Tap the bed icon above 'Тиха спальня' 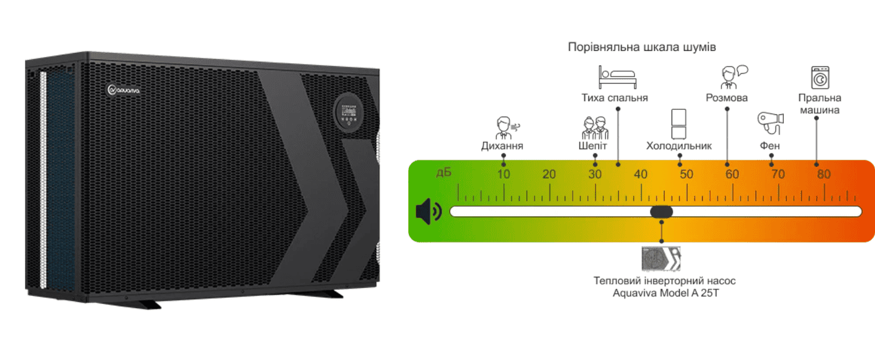tap(617, 77)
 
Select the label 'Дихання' tap(502, 146)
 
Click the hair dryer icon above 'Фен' tap(770, 123)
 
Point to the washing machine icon tap(820, 78)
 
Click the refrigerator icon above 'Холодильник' tap(679, 124)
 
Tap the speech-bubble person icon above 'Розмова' tap(732, 77)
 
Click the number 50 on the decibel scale tap(686, 175)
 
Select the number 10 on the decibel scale tap(504, 175)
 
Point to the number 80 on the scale tap(823, 175)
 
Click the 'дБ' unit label tap(444, 173)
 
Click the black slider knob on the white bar tap(661, 211)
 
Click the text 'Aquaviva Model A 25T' tap(664, 293)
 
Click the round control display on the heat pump tap(348, 114)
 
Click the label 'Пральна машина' tap(820, 104)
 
